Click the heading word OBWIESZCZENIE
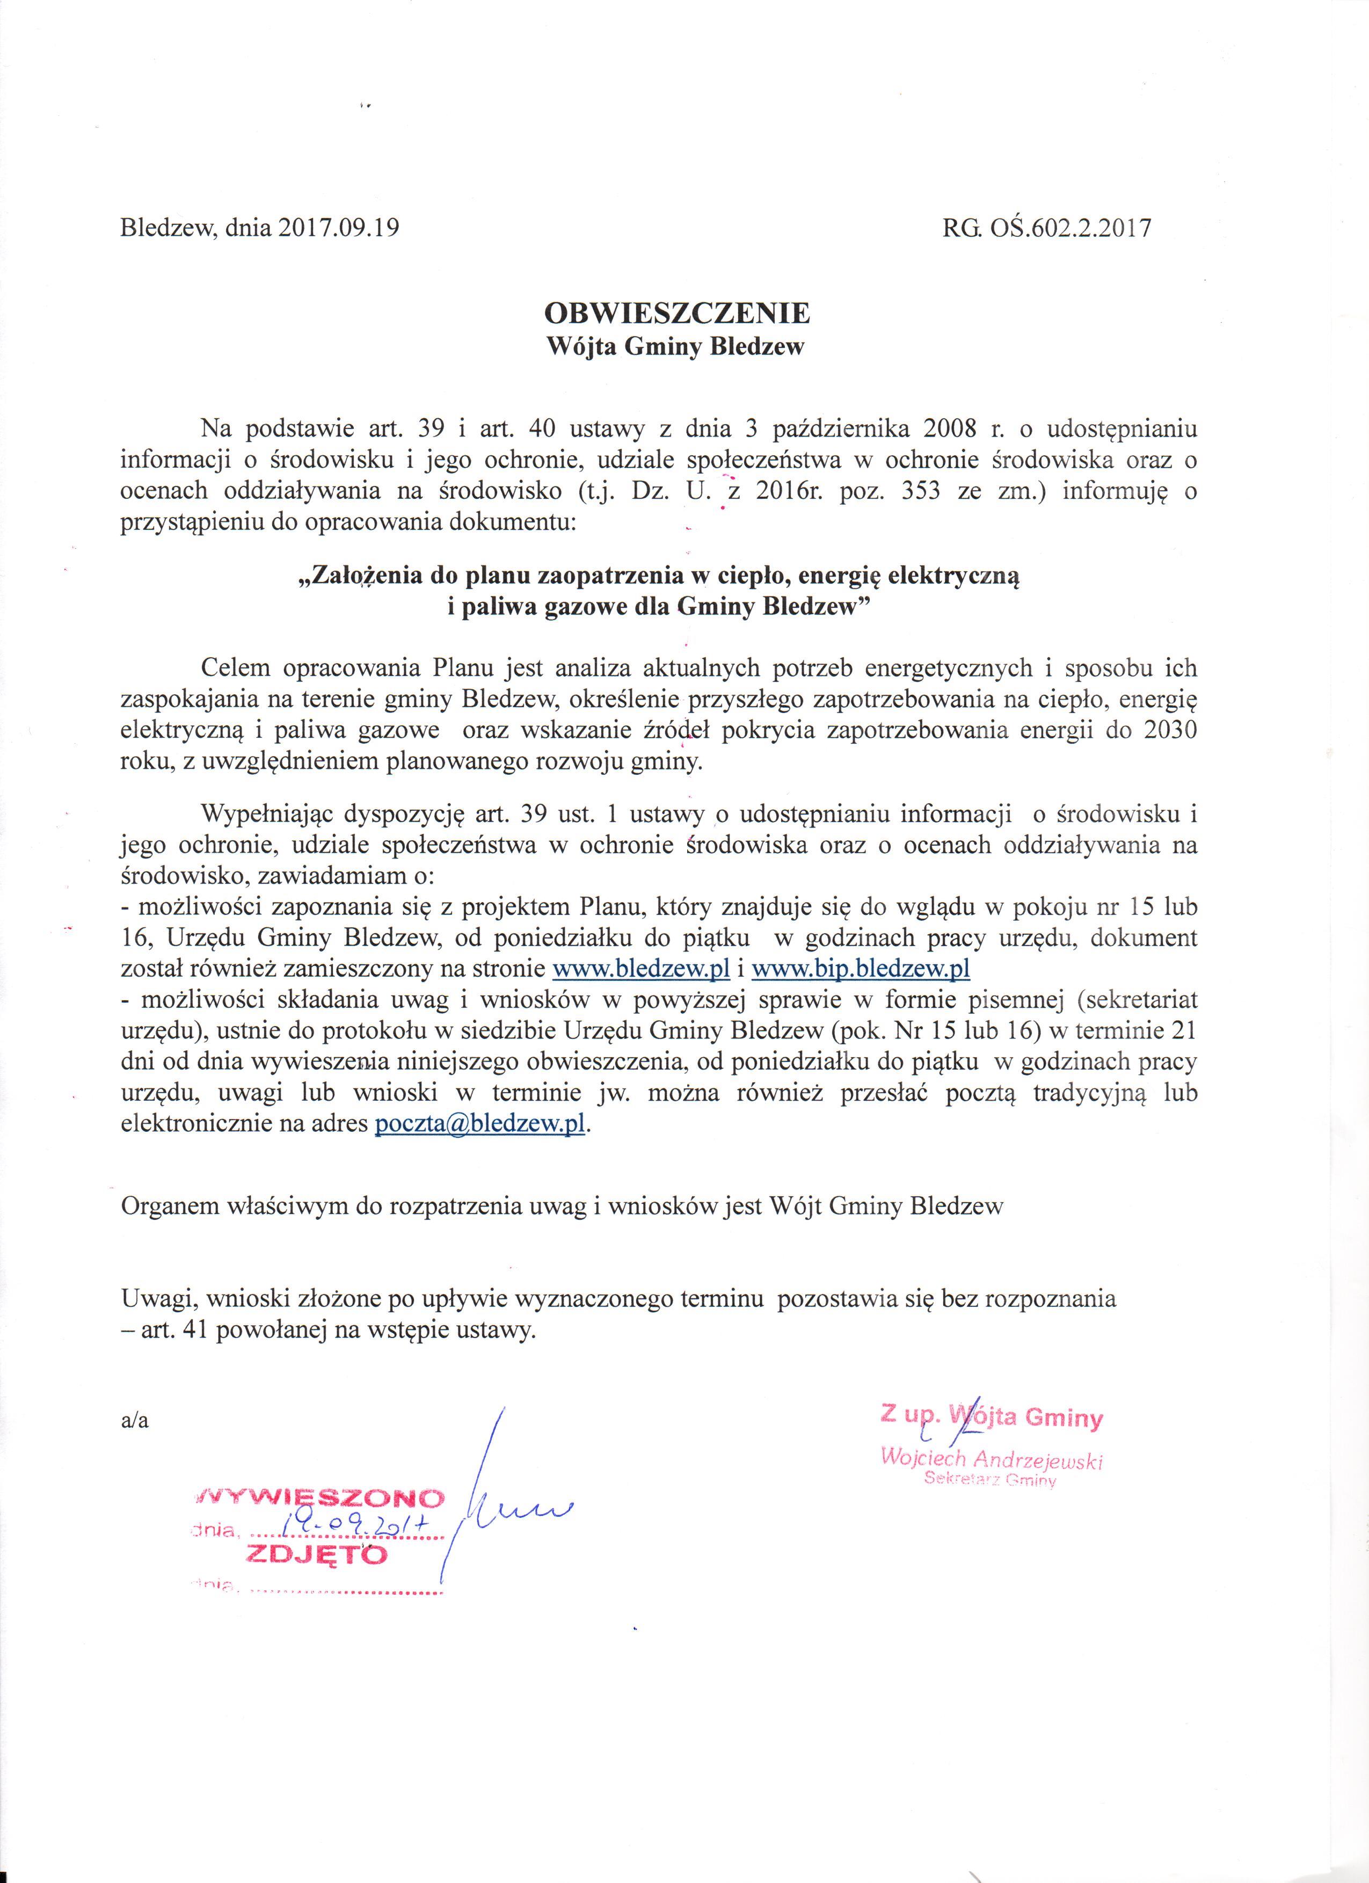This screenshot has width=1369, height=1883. coord(676,313)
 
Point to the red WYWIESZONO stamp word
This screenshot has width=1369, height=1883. coord(321,1499)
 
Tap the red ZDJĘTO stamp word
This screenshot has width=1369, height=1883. coord(316,1554)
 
